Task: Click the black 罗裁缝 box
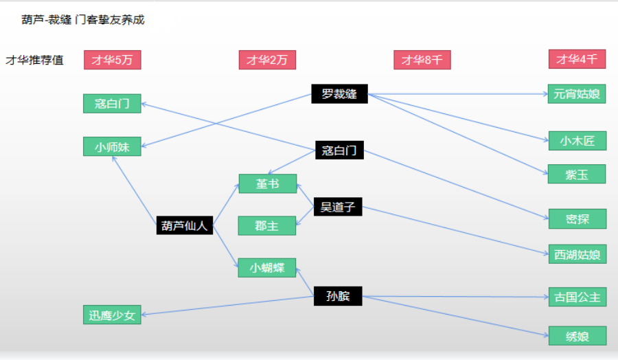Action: click(339, 94)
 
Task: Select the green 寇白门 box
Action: click(112, 104)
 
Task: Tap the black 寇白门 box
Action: click(339, 150)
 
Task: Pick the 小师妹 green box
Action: click(112, 147)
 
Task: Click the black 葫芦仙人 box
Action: click(185, 225)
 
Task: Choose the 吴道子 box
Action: click(338, 207)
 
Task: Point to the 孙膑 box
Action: click(338, 296)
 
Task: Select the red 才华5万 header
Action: click(113, 60)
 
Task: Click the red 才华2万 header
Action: click(267, 60)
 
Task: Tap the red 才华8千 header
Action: click(422, 60)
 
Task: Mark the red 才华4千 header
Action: click(577, 59)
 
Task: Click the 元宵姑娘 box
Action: click(577, 94)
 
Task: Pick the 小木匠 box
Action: click(577, 141)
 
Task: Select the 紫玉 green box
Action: click(577, 174)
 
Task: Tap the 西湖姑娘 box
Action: click(577, 254)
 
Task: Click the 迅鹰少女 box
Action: click(112, 315)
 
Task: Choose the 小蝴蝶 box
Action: click(267, 268)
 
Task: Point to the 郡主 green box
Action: click(267, 225)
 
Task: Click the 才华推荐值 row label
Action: click(34, 60)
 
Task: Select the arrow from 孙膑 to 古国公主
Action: click(455, 297)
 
